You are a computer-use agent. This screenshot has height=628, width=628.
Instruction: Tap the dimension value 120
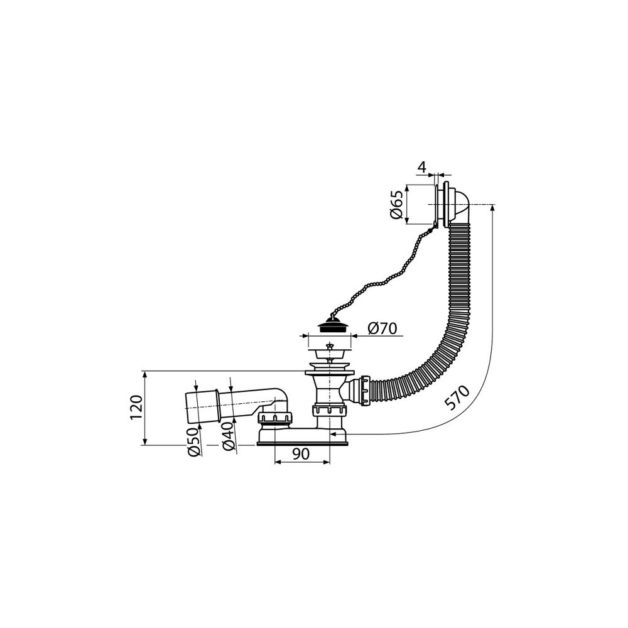coord(136,408)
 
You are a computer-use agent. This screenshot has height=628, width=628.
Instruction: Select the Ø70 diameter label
coord(382,328)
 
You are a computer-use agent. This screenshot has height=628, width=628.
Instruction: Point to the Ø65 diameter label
coord(396,204)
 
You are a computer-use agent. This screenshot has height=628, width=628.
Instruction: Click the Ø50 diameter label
coord(194,441)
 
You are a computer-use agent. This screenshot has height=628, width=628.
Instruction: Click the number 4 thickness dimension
coord(421,168)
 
